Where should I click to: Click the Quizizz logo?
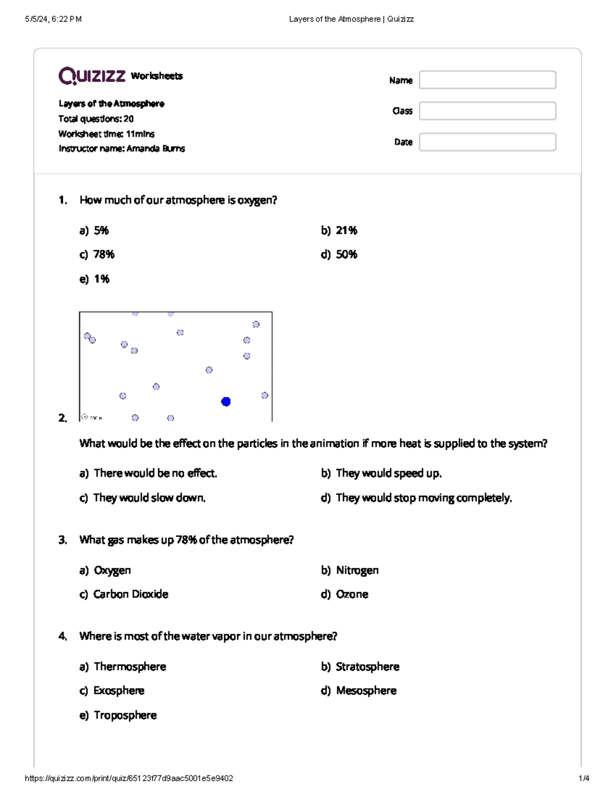[92, 76]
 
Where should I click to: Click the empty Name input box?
[487, 80]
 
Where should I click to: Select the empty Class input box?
[487, 111]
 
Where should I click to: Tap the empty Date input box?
[487, 142]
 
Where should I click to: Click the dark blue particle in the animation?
[226, 401]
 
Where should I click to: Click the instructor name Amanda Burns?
[156, 149]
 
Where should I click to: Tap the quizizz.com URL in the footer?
[129, 779]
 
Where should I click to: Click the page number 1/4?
[584, 779]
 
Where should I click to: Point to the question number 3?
[63, 540]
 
